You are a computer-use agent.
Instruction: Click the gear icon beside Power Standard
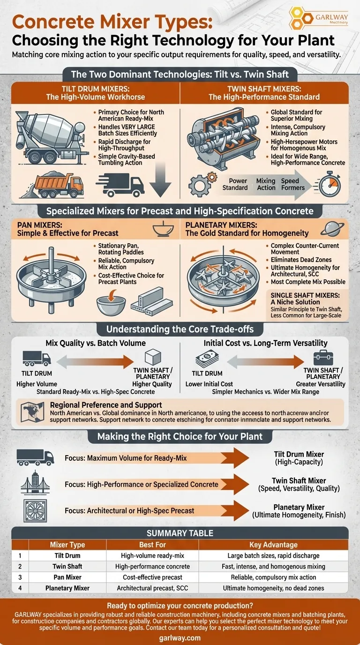[x=202, y=184]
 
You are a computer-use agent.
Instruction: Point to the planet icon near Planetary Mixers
[x=328, y=229]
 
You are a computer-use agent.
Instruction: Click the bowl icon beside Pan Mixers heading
[x=161, y=229]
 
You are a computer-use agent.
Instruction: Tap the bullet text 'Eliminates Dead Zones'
[x=301, y=260]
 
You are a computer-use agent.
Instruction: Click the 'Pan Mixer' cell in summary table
[x=67, y=577]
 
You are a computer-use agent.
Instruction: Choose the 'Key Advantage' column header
[x=274, y=545]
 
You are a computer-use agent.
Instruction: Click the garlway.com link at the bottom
[x=180, y=638]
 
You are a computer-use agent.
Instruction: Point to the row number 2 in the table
[x=20, y=566]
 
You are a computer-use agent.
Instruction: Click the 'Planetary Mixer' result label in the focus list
[x=299, y=507]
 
